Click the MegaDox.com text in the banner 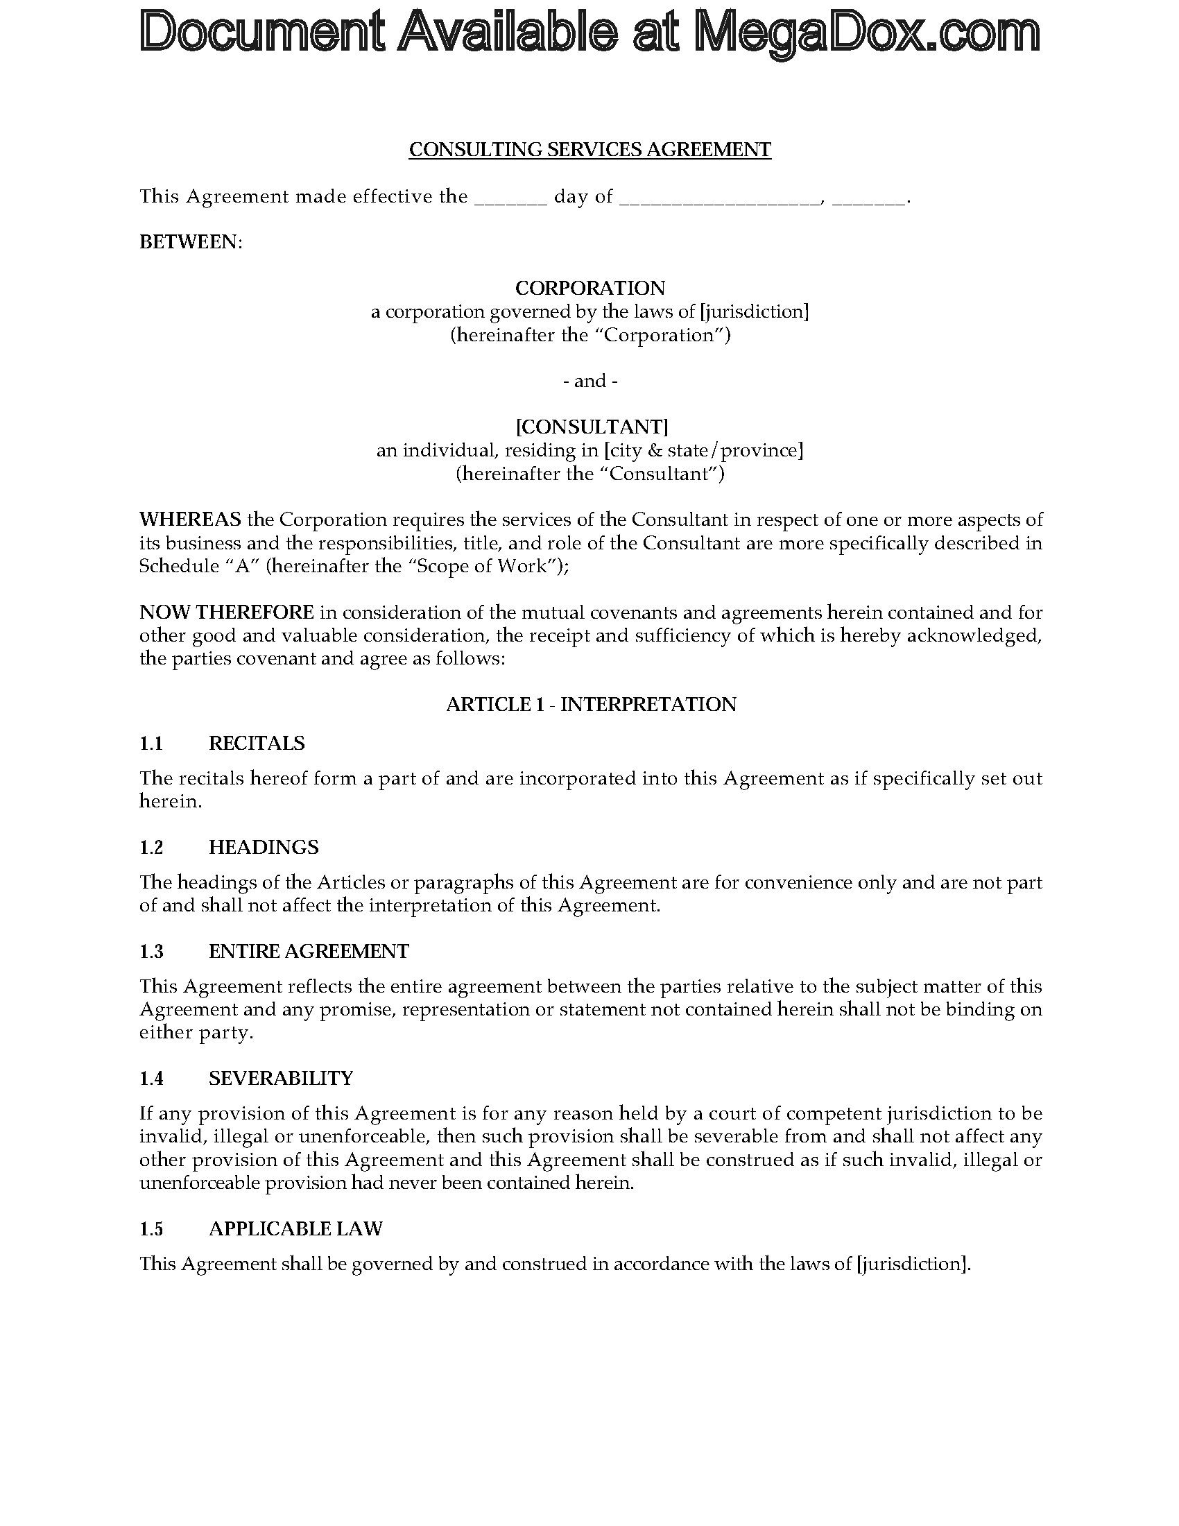click(x=867, y=33)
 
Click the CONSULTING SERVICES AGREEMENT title click(x=589, y=150)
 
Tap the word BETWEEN click(x=190, y=242)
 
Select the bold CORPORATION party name click(x=589, y=288)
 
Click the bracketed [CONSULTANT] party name click(x=591, y=426)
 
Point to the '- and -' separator click(x=589, y=381)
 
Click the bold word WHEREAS click(x=190, y=519)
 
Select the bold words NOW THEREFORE click(x=226, y=612)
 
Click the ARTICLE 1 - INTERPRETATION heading click(x=591, y=704)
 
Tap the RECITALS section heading click(x=257, y=743)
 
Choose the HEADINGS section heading click(x=264, y=847)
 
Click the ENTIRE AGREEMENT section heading click(x=308, y=951)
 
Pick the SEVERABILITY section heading click(x=281, y=1078)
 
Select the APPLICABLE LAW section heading click(x=295, y=1228)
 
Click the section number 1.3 click(x=151, y=951)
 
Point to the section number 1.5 click(x=151, y=1228)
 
